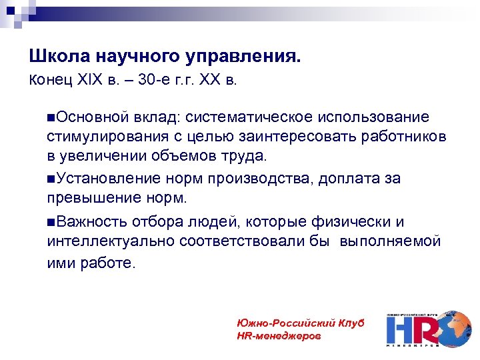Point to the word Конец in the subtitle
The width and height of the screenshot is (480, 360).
[x=47, y=81]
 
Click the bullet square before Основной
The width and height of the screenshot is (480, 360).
[x=51, y=117]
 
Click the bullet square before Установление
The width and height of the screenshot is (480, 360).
[x=51, y=179]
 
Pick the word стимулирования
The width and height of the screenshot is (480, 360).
[x=99, y=137]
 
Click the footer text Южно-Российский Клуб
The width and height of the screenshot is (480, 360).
[x=301, y=323]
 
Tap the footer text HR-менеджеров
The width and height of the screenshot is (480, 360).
[x=279, y=335]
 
